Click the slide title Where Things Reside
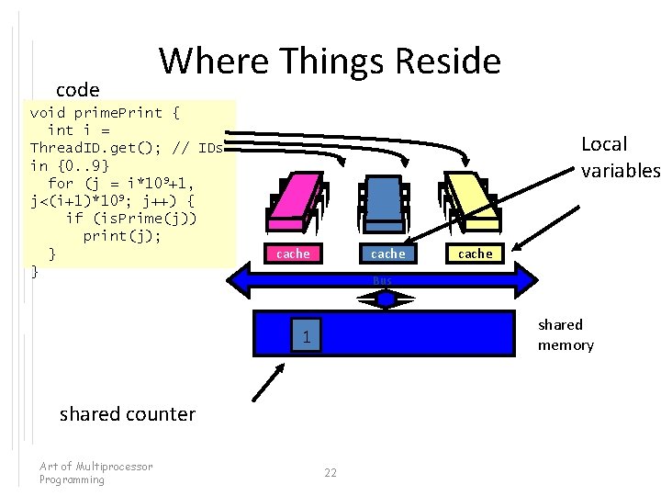[330, 62]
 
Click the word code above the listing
[77, 90]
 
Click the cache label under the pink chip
[293, 254]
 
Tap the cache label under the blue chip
[387, 254]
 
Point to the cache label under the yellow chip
[475, 254]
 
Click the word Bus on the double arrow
[382, 279]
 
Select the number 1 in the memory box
[308, 339]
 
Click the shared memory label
[566, 334]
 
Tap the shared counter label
[128, 413]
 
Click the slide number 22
[330, 472]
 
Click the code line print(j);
[121, 235]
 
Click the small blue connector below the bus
[386, 299]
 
